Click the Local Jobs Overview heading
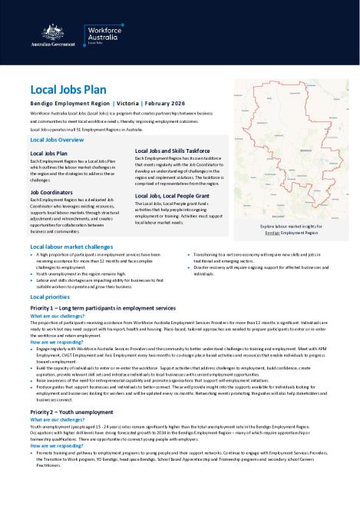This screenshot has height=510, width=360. point(56,141)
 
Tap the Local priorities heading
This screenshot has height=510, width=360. point(51,296)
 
